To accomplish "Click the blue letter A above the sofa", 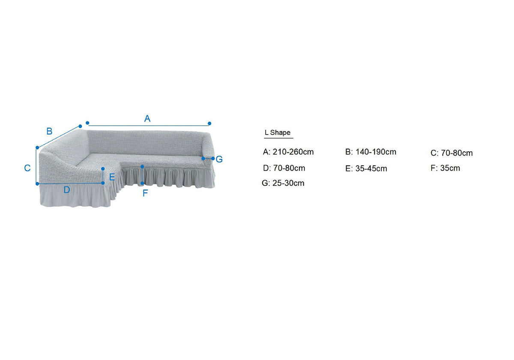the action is click(x=147, y=118).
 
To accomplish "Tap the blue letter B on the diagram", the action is click(x=49, y=131).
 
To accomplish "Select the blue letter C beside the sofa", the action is click(x=27, y=168).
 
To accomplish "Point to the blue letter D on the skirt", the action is click(x=67, y=190).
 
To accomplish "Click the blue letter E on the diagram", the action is click(x=112, y=177).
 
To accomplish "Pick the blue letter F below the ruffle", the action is click(x=145, y=193).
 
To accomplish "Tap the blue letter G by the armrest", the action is click(x=219, y=159).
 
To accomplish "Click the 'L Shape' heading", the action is click(x=278, y=132).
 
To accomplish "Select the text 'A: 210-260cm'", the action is click(x=288, y=152).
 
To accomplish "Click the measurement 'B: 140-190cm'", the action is click(x=371, y=152).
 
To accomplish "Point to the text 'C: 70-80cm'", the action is click(x=451, y=153).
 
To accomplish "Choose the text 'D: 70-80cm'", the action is click(x=284, y=168).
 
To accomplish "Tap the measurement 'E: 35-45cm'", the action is click(x=366, y=169).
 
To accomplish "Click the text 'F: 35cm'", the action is click(x=445, y=168).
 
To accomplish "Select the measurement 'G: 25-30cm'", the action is click(x=283, y=183).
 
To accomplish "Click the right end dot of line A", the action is click(x=209, y=123).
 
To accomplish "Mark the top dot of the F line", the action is click(x=142, y=166).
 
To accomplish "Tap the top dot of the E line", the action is click(x=103, y=169).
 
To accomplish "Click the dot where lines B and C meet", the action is click(x=37, y=147).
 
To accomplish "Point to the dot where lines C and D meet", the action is click(x=37, y=184).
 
